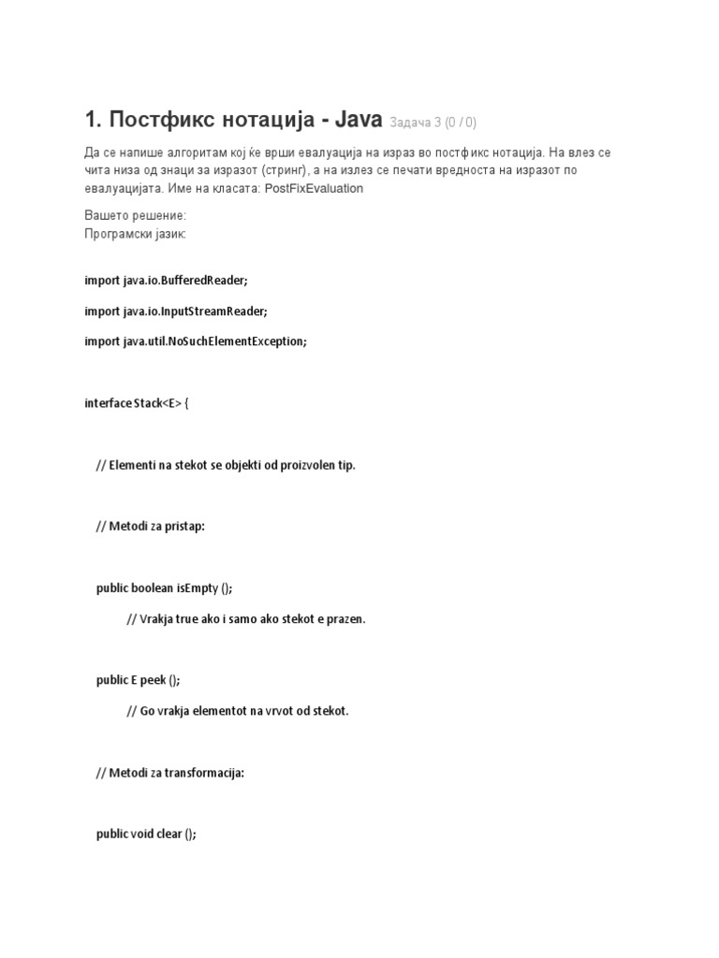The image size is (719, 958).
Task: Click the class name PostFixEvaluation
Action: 314,188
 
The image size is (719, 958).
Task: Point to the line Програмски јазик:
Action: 135,233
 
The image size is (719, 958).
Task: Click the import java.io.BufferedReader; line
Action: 167,281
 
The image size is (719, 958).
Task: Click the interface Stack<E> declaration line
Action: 137,403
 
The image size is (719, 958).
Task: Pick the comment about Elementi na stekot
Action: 226,465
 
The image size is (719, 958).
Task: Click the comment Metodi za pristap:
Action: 150,526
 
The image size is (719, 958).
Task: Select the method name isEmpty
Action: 196,588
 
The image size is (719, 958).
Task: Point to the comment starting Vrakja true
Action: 245,618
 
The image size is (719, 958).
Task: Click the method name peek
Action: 152,680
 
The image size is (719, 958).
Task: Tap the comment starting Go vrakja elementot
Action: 237,711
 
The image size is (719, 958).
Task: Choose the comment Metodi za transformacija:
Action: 169,773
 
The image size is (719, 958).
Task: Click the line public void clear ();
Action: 146,835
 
